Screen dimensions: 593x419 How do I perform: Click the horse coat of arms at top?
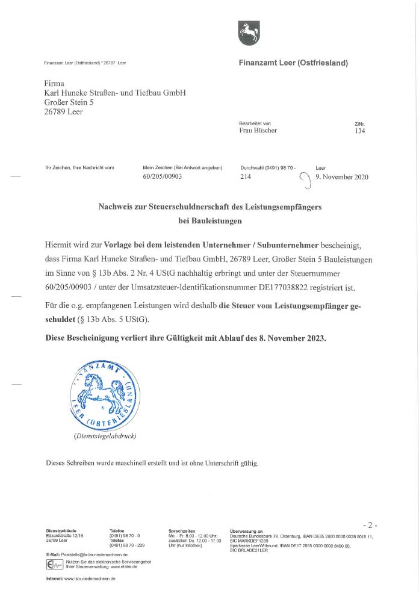point(249,33)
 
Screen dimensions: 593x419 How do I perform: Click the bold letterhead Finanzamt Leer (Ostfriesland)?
point(293,63)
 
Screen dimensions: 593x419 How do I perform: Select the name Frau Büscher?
point(258,131)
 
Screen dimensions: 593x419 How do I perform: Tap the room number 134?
point(360,131)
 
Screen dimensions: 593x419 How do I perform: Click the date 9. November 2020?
point(342,177)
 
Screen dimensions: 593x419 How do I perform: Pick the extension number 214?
point(245,177)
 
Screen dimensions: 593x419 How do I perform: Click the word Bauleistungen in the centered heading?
point(210,221)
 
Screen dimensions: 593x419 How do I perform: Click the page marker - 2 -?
point(370,525)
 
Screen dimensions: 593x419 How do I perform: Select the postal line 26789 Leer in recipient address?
point(64,111)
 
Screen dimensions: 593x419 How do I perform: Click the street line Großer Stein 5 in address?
point(69,102)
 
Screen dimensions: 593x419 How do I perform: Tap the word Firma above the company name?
point(54,84)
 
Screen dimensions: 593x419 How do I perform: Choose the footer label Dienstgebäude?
point(61,531)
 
